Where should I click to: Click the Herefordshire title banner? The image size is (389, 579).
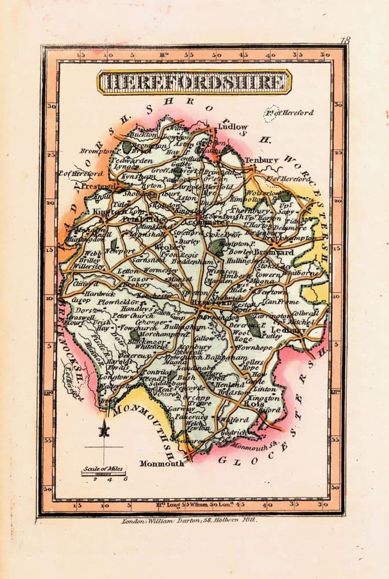point(194,82)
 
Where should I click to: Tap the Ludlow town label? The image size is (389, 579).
point(233,127)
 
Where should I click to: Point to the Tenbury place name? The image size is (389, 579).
point(262,160)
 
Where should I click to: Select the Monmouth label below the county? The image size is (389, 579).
point(162,463)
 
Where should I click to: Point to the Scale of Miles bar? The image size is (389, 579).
point(104,474)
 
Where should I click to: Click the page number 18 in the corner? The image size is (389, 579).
point(346,40)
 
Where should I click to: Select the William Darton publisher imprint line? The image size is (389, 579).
point(189,521)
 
